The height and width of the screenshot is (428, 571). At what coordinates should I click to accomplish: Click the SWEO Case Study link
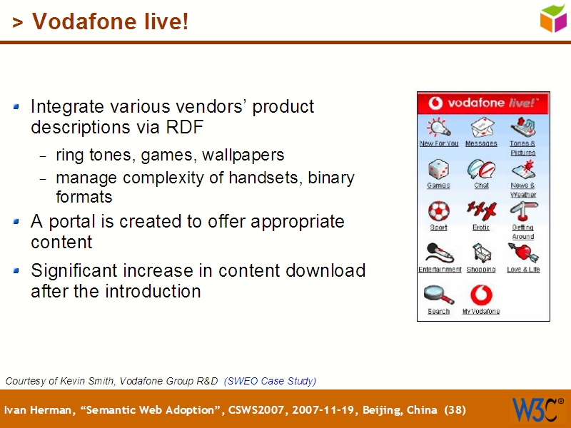pos(270,381)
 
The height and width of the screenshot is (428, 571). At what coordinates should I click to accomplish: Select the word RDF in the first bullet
pos(185,128)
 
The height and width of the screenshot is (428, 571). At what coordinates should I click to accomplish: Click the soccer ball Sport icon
pos(438,212)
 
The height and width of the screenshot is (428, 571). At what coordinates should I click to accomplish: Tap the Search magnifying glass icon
pos(438,295)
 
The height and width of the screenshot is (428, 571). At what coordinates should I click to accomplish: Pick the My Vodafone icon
pos(481,295)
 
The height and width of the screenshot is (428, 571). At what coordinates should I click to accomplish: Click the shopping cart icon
pos(481,253)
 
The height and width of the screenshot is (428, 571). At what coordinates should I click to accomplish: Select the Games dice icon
pos(438,170)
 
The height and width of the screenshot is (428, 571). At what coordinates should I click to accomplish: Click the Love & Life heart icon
pos(523,253)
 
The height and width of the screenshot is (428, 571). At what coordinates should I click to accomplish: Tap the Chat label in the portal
pos(482,185)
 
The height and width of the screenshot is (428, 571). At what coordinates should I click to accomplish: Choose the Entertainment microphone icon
pos(439,253)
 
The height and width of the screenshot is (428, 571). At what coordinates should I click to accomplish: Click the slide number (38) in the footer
pos(455,410)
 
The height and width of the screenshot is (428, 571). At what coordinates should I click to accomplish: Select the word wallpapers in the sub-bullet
pos(243,155)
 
